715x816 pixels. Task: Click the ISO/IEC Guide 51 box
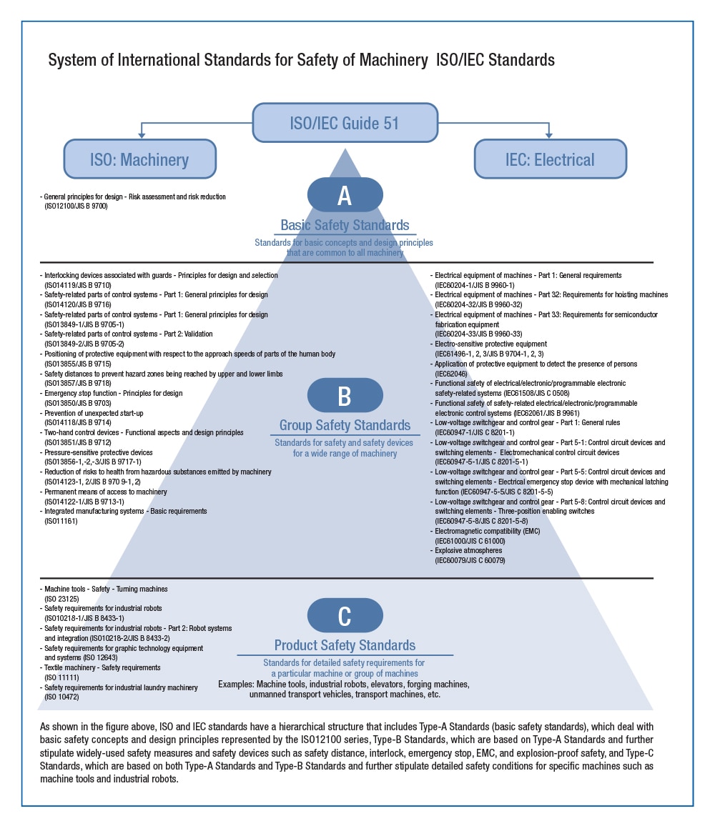pos(345,122)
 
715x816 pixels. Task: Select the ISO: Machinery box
pos(139,158)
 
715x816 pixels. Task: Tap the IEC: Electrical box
pos(550,158)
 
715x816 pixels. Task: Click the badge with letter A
pos(345,195)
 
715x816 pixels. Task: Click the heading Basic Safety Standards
pos(345,225)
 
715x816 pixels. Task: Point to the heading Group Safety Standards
pos(345,426)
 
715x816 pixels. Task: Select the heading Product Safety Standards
pos(345,645)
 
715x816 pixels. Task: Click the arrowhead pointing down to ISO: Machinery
pos(141,134)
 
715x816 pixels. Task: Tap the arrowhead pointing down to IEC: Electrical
pos(549,134)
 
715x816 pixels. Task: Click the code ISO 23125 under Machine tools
pos(61,598)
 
